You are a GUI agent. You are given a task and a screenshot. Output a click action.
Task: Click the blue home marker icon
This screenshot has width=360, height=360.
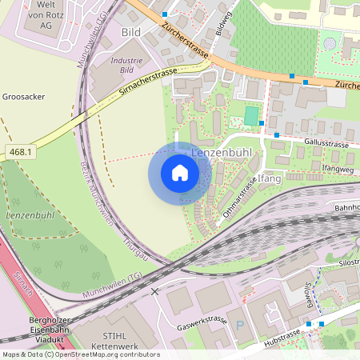pos(180,173)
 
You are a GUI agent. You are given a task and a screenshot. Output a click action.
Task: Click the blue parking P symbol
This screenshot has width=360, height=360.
pos(239,326)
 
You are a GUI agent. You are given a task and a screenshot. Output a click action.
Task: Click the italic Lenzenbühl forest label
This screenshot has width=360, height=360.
pos(29,216)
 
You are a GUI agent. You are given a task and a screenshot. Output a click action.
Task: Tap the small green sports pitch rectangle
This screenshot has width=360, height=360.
pos(251,116)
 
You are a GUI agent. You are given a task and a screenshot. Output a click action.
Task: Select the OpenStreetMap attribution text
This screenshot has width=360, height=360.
pos(80,354)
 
